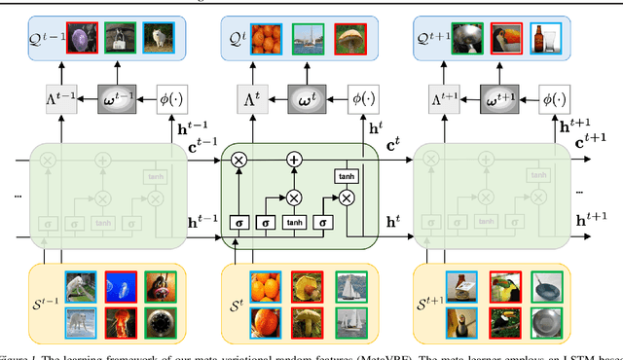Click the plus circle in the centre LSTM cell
(292, 159)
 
